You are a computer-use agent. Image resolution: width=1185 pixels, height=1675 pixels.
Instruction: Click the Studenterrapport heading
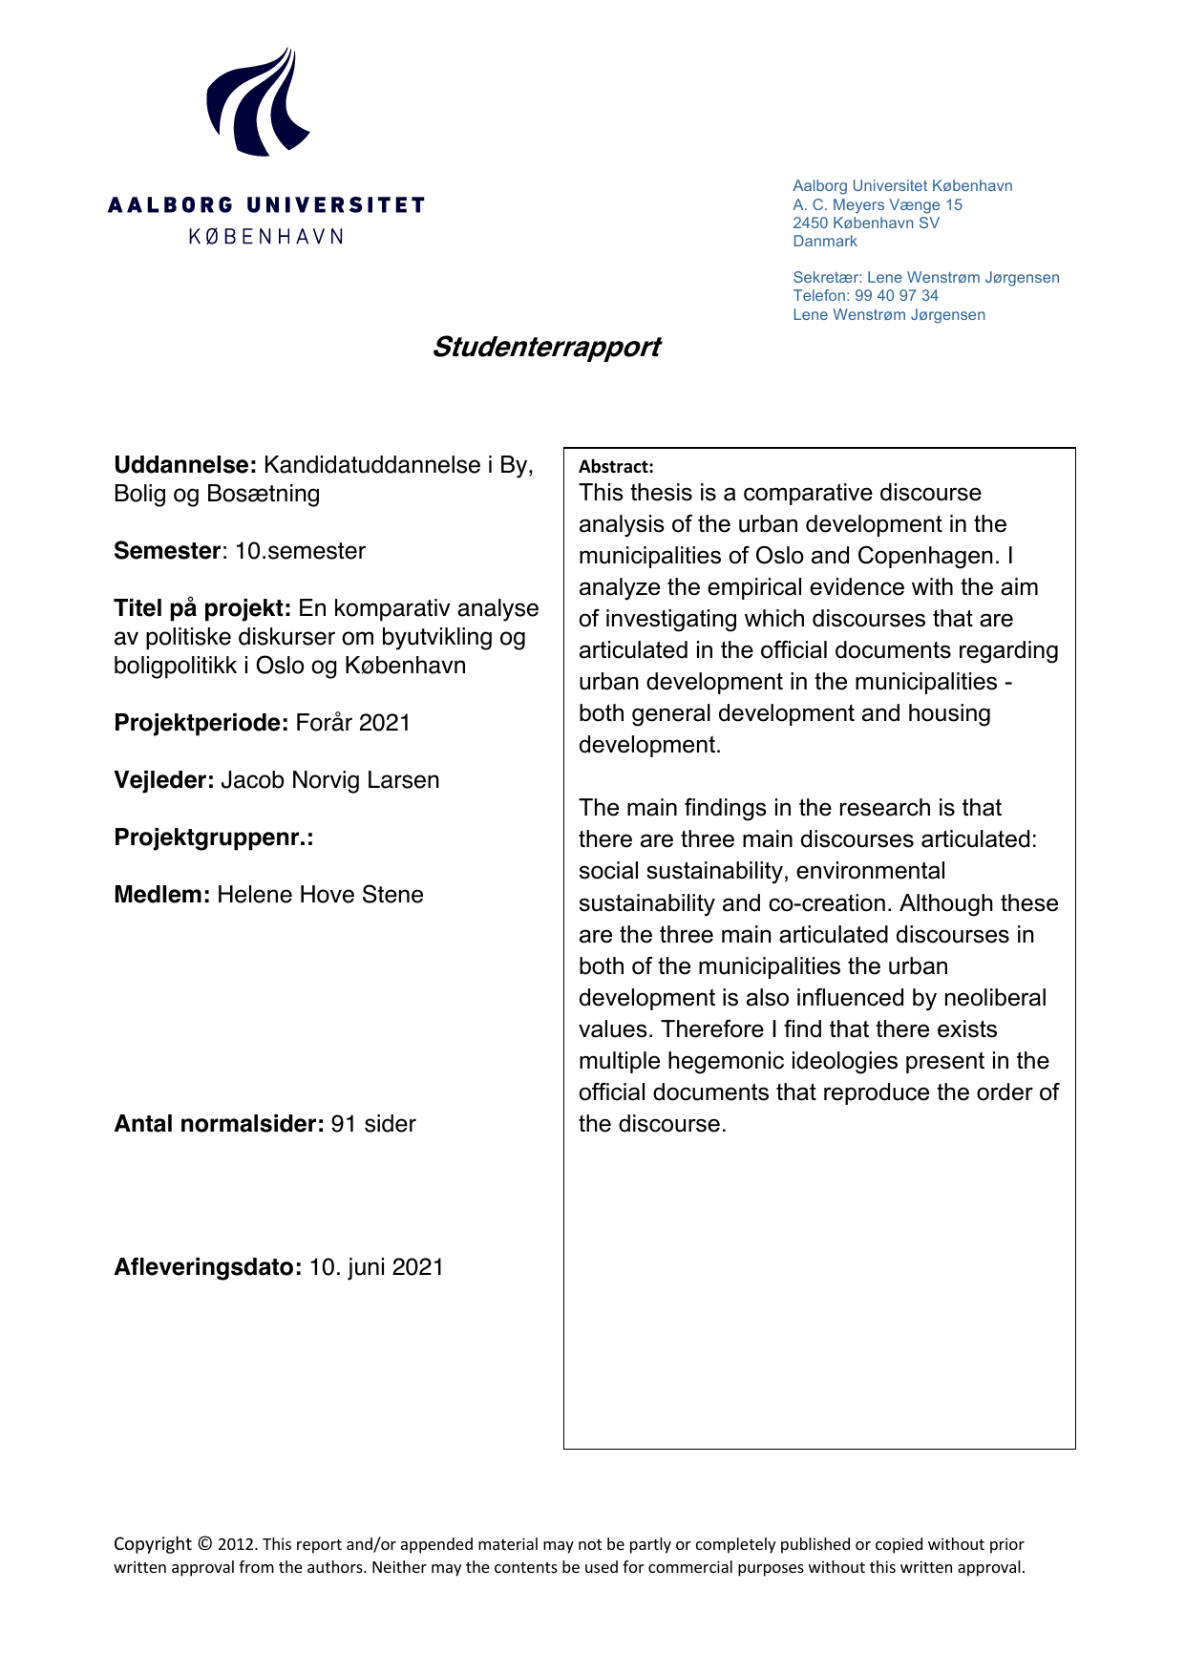click(546, 347)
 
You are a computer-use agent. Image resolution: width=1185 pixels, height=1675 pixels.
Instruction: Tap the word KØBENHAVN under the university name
click(265, 236)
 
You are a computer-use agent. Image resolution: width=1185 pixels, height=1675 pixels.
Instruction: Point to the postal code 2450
click(811, 223)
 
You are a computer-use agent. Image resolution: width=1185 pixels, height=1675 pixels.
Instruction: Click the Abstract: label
click(616, 466)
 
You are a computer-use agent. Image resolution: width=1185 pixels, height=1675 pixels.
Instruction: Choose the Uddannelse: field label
click(185, 465)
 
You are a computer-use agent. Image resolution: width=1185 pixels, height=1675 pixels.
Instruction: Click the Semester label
click(168, 551)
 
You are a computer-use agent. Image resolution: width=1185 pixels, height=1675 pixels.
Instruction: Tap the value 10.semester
click(301, 551)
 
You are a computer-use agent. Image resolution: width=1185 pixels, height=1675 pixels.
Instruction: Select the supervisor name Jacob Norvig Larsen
click(330, 780)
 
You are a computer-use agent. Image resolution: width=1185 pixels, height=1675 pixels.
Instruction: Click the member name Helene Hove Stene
click(320, 895)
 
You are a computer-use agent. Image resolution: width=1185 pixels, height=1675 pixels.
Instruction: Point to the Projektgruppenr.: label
click(214, 837)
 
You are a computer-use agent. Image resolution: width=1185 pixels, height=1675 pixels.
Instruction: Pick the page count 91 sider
click(373, 1124)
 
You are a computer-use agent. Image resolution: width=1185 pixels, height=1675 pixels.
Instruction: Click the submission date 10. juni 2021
click(376, 1267)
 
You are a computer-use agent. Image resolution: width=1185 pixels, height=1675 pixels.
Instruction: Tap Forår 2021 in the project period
click(353, 723)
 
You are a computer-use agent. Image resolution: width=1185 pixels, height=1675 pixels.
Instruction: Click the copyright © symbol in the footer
click(205, 1543)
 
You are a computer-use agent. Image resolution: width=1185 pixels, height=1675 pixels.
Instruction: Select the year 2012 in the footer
click(237, 1544)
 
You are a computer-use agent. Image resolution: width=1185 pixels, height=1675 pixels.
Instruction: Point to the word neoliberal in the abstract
click(994, 998)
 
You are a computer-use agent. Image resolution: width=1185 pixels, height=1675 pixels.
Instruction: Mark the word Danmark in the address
click(825, 241)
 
